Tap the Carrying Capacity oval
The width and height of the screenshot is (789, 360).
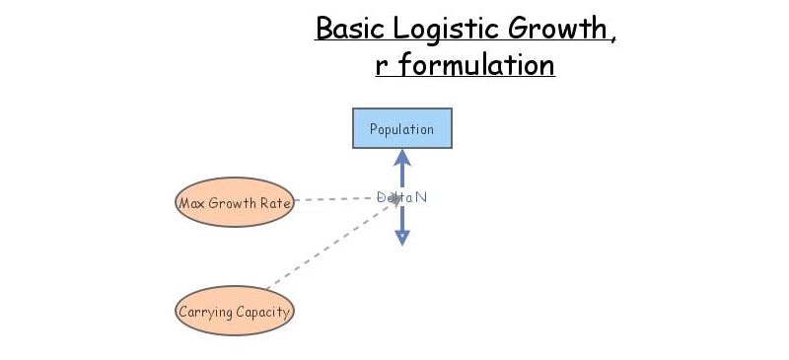pyautogui.click(x=235, y=313)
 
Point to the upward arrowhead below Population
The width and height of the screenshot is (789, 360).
pyautogui.click(x=401, y=157)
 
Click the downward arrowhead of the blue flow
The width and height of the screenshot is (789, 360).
pyautogui.click(x=401, y=237)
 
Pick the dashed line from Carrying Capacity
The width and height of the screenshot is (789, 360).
pyautogui.click(x=325, y=246)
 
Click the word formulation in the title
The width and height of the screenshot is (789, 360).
pyautogui.click(x=475, y=65)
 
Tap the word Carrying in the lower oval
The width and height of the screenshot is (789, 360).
pyautogui.click(x=204, y=313)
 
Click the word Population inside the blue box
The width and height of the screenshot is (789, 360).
pyautogui.click(x=402, y=129)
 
